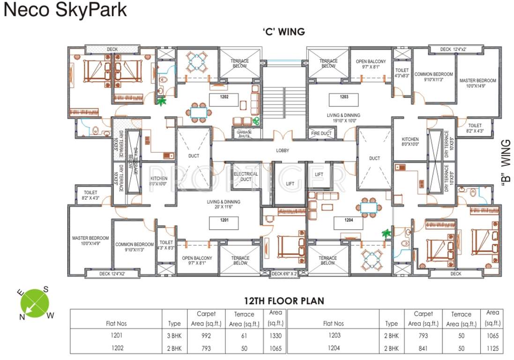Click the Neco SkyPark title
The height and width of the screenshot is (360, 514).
(x=65, y=10)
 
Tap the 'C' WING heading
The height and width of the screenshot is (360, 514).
(x=283, y=32)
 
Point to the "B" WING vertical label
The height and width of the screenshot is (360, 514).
(x=505, y=163)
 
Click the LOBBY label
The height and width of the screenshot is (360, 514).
(x=283, y=150)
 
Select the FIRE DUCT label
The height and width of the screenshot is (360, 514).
(x=321, y=134)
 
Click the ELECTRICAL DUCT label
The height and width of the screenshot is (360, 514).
(x=246, y=177)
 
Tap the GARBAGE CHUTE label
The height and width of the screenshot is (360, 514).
(x=244, y=134)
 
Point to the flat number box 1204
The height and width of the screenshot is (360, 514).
(x=349, y=223)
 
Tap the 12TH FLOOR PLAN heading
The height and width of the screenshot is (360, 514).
(x=283, y=300)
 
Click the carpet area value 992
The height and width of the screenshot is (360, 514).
(x=206, y=336)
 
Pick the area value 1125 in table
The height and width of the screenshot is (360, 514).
(x=492, y=348)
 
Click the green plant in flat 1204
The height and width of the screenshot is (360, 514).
(x=387, y=232)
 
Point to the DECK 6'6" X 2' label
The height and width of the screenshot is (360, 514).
(x=284, y=274)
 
